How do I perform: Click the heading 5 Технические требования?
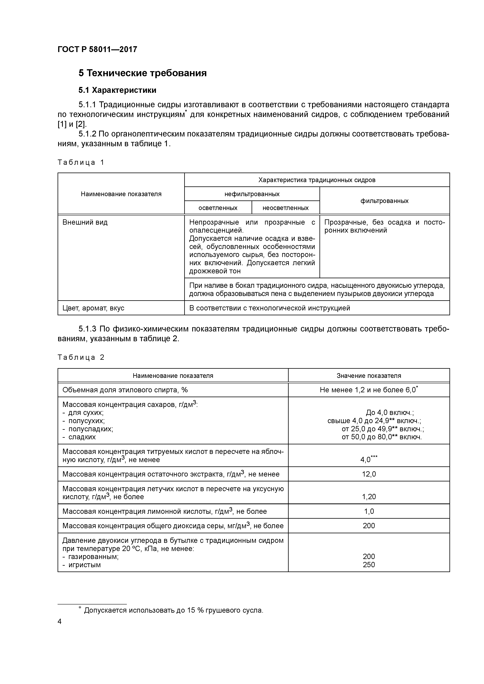point(142,73)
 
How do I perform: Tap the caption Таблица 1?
point(81,162)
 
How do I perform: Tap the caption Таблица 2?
point(81,357)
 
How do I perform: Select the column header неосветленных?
point(285,208)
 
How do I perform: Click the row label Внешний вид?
point(85,222)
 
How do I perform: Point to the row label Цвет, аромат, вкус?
point(93,308)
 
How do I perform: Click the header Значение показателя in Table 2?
point(369,376)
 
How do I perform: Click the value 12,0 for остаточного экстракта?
point(369,474)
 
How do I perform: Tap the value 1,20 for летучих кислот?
point(369,497)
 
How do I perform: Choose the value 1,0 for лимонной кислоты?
point(369,511)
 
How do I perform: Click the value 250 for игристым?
point(369,564)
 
